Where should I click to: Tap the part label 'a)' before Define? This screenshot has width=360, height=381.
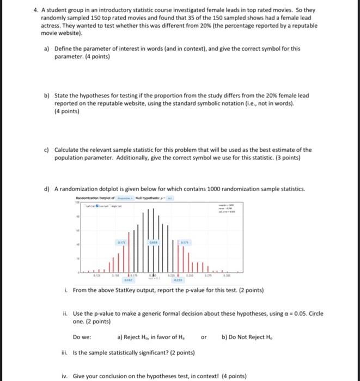tap(47, 48)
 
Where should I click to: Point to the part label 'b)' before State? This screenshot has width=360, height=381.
tap(47, 95)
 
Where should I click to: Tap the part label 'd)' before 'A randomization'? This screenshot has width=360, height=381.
tap(47, 189)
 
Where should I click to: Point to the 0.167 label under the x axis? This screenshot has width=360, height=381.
tap(129, 281)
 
